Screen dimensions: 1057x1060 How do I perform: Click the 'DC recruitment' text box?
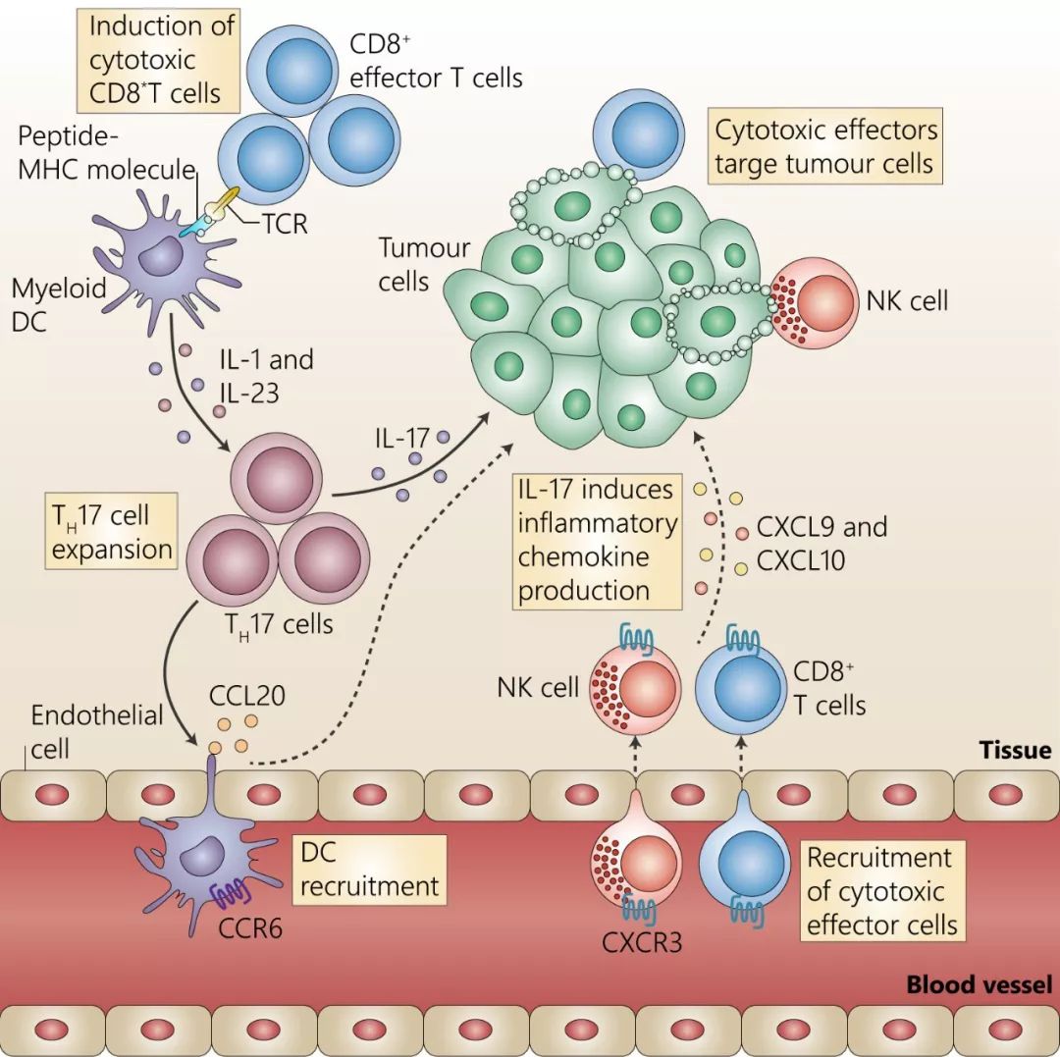(369, 871)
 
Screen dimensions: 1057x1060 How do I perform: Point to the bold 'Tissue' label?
(1014, 751)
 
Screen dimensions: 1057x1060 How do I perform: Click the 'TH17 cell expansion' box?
(112, 531)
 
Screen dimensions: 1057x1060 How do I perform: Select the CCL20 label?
(247, 697)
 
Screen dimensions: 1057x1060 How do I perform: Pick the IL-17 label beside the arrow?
(401, 435)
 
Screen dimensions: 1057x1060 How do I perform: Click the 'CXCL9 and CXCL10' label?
(821, 543)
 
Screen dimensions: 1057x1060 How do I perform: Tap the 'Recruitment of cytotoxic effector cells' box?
(878, 891)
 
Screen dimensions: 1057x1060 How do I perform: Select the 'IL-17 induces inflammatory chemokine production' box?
(597, 540)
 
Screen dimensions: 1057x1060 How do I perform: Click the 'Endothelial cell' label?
(96, 731)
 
